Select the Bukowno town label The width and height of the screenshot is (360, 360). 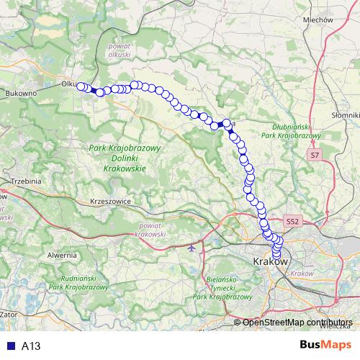tap(21, 94)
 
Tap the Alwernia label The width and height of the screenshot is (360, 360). tap(63, 255)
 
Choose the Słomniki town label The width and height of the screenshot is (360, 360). tap(346, 115)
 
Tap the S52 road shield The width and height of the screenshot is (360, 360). tap(292, 222)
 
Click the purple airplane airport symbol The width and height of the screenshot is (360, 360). tap(191, 248)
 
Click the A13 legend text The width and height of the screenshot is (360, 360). tap(31, 346)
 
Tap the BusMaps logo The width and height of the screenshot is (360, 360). tap(325, 345)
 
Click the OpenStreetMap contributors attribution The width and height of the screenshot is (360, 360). tap(297, 323)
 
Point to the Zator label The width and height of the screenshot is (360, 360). tap(9, 315)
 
